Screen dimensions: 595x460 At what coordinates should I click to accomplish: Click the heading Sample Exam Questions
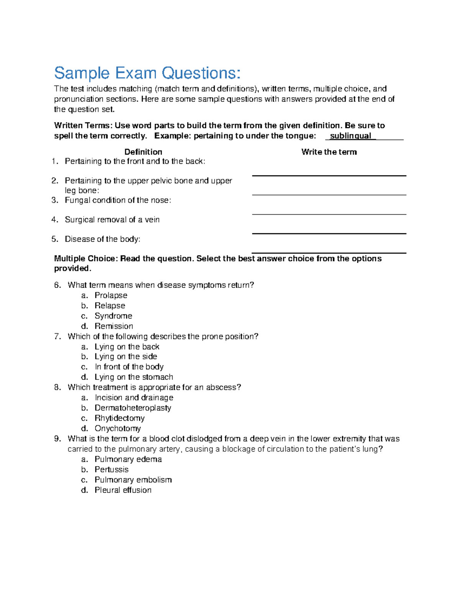[x=147, y=73]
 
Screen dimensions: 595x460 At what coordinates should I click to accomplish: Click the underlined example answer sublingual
[x=350, y=136]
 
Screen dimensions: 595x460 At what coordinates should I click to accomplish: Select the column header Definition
[x=143, y=152]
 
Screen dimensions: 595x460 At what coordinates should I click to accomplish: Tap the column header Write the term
[x=329, y=152]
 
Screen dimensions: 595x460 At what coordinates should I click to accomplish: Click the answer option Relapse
[x=110, y=306]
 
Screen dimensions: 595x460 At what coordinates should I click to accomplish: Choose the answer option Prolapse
[x=111, y=295]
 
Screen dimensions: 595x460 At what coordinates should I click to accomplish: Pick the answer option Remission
[x=114, y=326]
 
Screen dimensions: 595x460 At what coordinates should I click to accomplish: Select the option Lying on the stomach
[x=134, y=377]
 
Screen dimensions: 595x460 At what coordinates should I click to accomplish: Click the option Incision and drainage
[x=134, y=398]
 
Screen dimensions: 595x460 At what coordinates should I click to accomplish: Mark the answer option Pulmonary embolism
[x=133, y=480]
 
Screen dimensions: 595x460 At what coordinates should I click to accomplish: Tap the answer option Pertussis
[x=112, y=469]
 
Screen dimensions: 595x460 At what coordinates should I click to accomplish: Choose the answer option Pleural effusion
[x=123, y=490]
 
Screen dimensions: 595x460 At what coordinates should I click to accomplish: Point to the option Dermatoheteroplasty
[x=133, y=408]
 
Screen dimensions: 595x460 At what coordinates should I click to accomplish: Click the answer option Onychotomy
[x=118, y=428]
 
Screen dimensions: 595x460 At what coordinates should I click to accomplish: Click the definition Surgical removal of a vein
[x=112, y=220]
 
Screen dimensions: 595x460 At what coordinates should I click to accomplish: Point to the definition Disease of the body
[x=102, y=239]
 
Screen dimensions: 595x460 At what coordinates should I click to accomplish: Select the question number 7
[x=58, y=336]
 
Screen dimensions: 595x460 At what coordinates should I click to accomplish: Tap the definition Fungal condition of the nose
[x=118, y=200]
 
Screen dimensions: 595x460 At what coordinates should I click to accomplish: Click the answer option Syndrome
[x=113, y=316]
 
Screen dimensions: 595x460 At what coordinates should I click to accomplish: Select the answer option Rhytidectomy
[x=120, y=418]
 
